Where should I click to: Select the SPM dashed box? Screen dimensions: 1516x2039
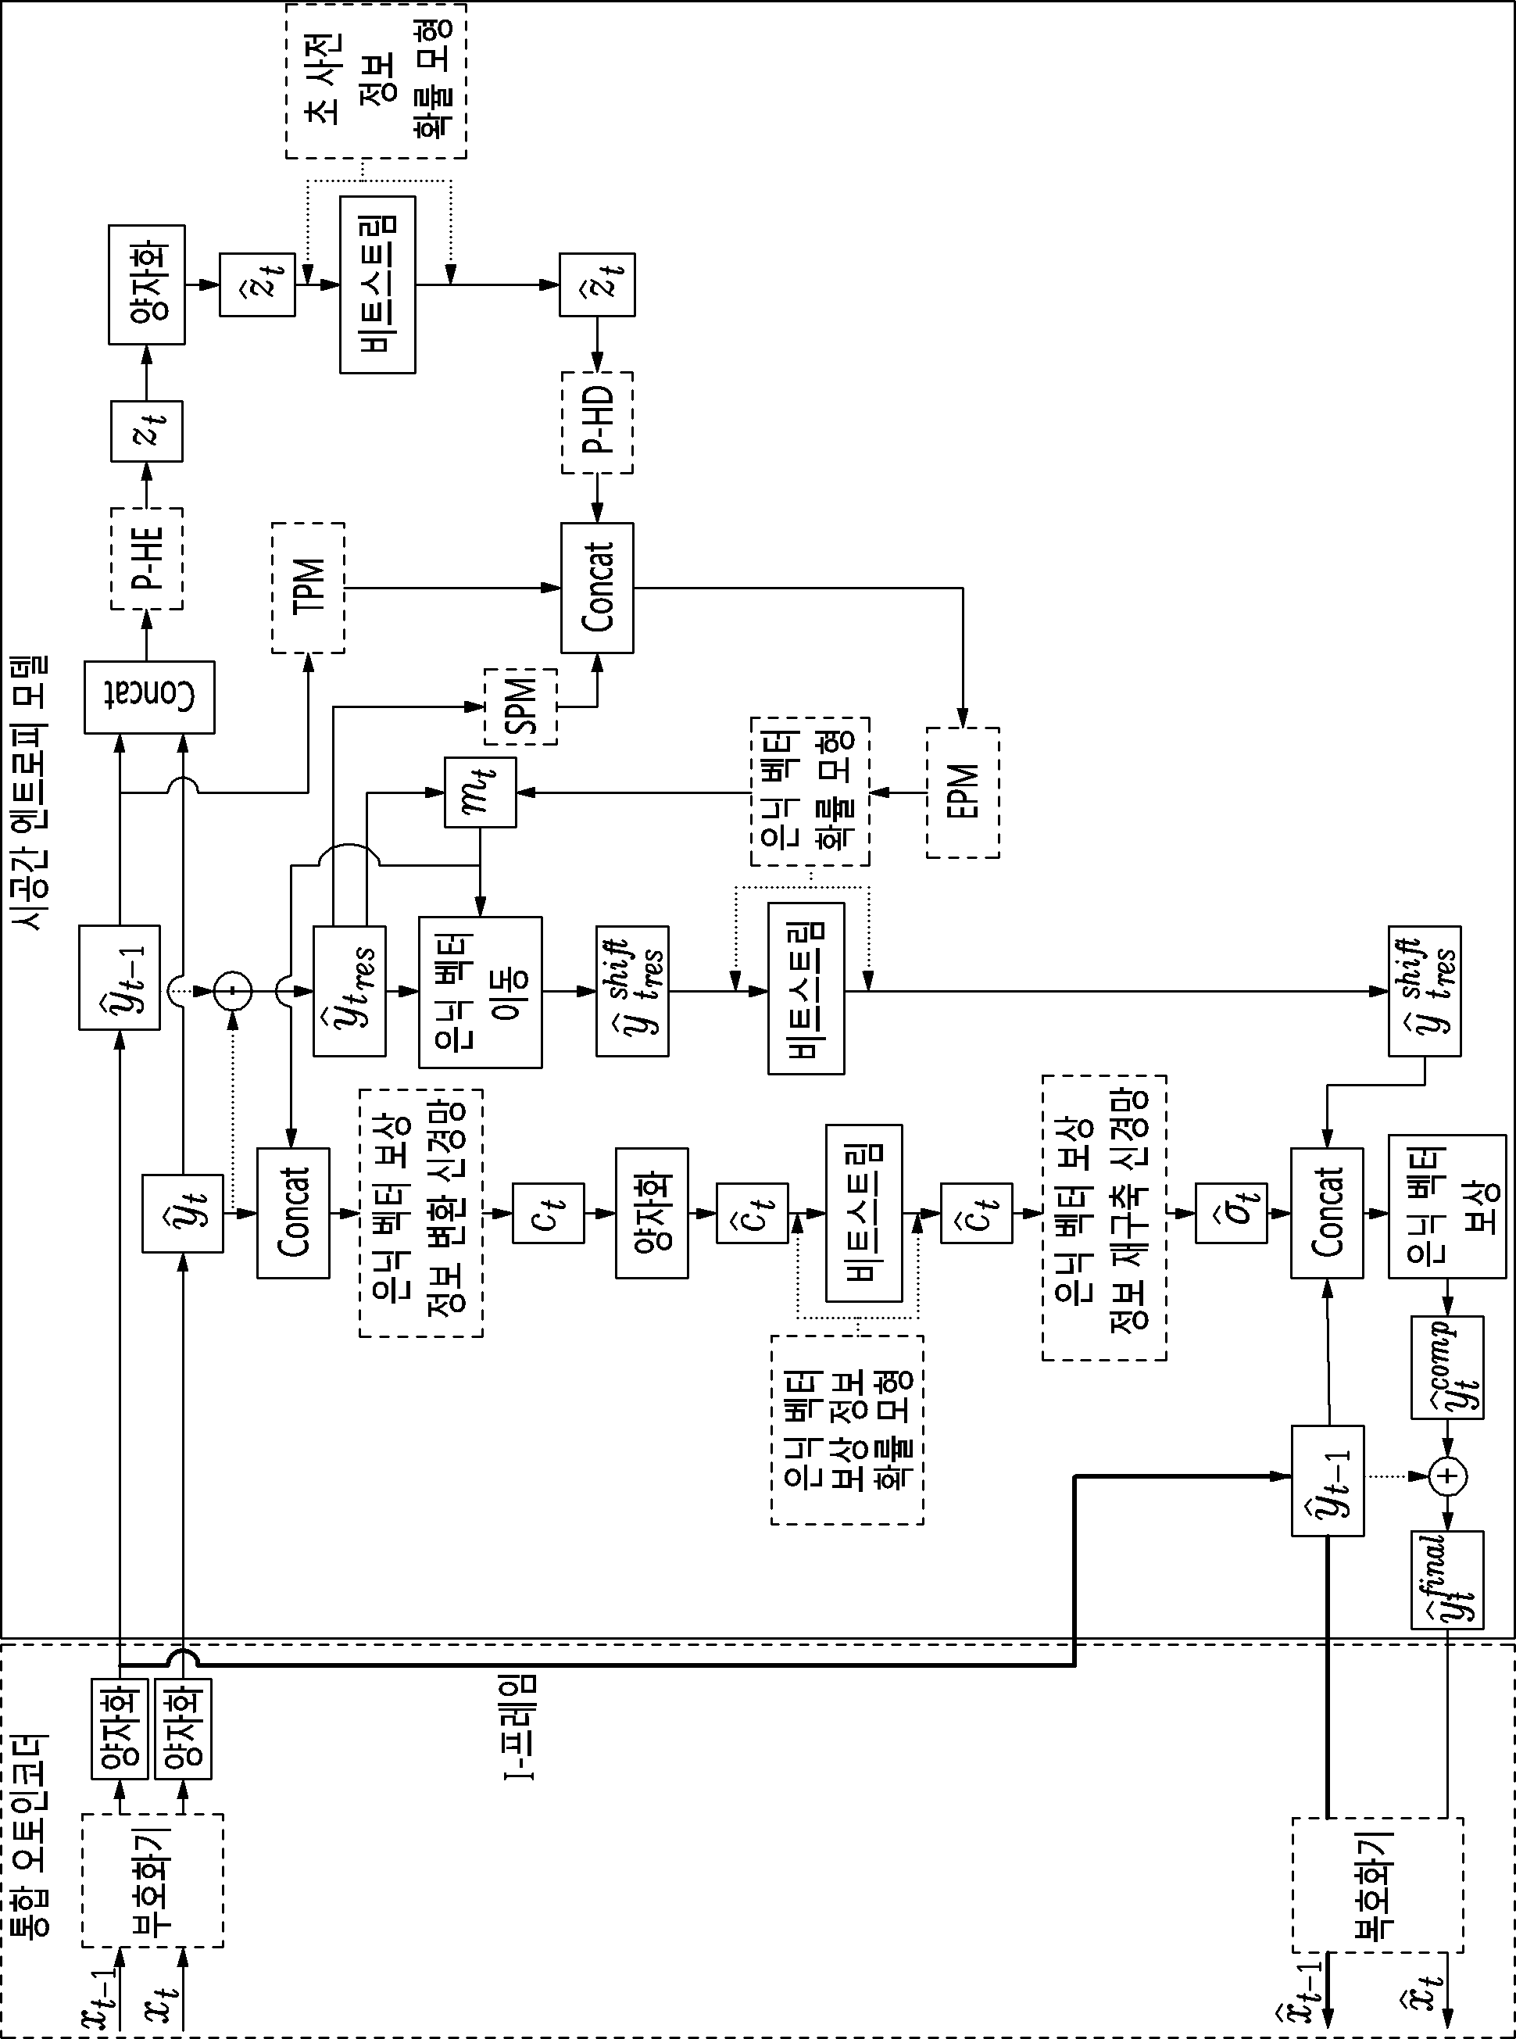[x=520, y=706]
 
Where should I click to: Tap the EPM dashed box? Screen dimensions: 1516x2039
[x=963, y=792]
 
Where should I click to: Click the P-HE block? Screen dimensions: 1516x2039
[x=147, y=558]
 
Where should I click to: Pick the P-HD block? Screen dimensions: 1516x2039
[x=597, y=422]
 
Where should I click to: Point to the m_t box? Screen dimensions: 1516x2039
[x=480, y=792]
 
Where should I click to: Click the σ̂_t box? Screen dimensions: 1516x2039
[x=1232, y=1213]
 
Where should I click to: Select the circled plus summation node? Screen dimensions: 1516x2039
[x=1448, y=1476]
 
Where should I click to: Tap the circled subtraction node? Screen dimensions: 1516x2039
[x=233, y=991]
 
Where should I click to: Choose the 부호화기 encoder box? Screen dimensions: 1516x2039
[x=152, y=1880]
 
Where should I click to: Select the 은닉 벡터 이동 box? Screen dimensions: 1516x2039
[x=480, y=992]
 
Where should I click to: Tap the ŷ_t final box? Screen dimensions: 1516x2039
[x=1447, y=1579]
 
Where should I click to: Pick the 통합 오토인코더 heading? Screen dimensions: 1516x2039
[x=33, y=1833]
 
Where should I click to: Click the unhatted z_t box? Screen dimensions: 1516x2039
[x=147, y=431]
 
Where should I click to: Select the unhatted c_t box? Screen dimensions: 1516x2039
[x=548, y=1213]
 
